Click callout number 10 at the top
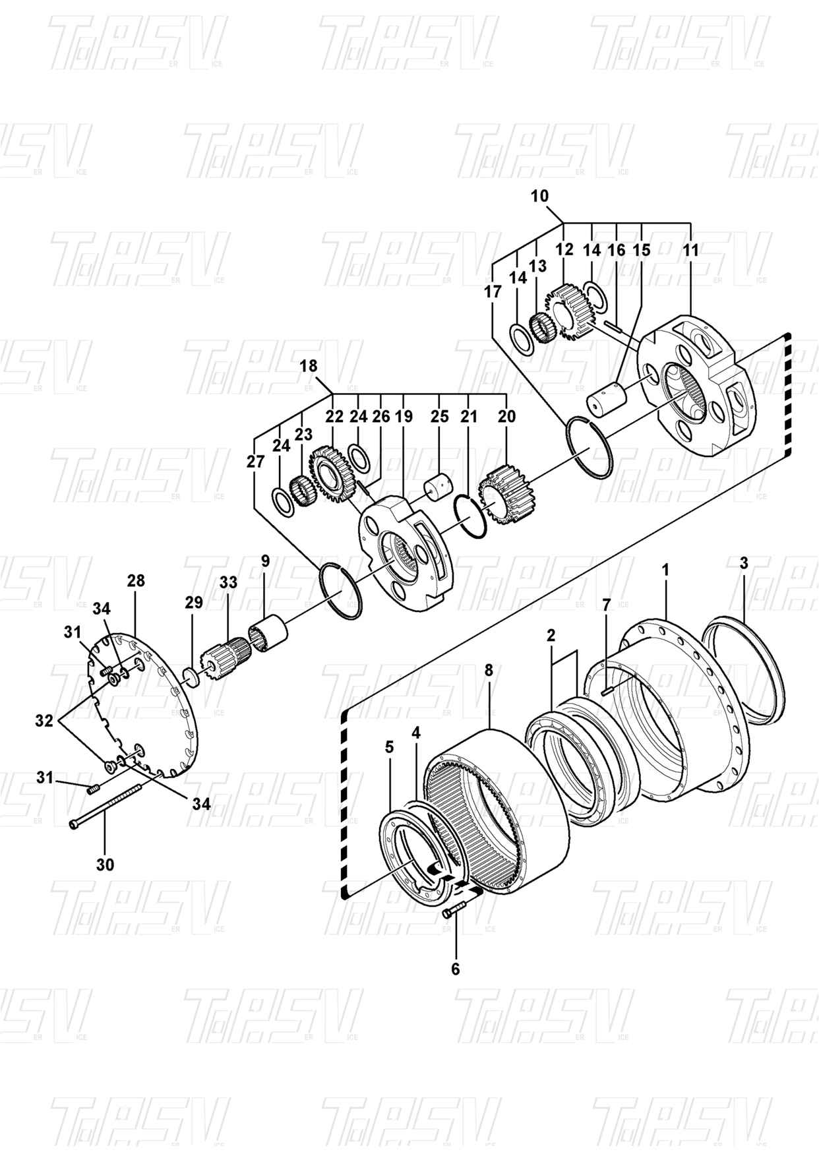tap(539, 196)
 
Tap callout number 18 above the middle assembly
tap(309, 367)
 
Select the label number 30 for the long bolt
tap(106, 865)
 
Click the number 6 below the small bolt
tap(455, 969)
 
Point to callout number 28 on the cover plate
tap(136, 581)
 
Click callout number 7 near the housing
tap(607, 604)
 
